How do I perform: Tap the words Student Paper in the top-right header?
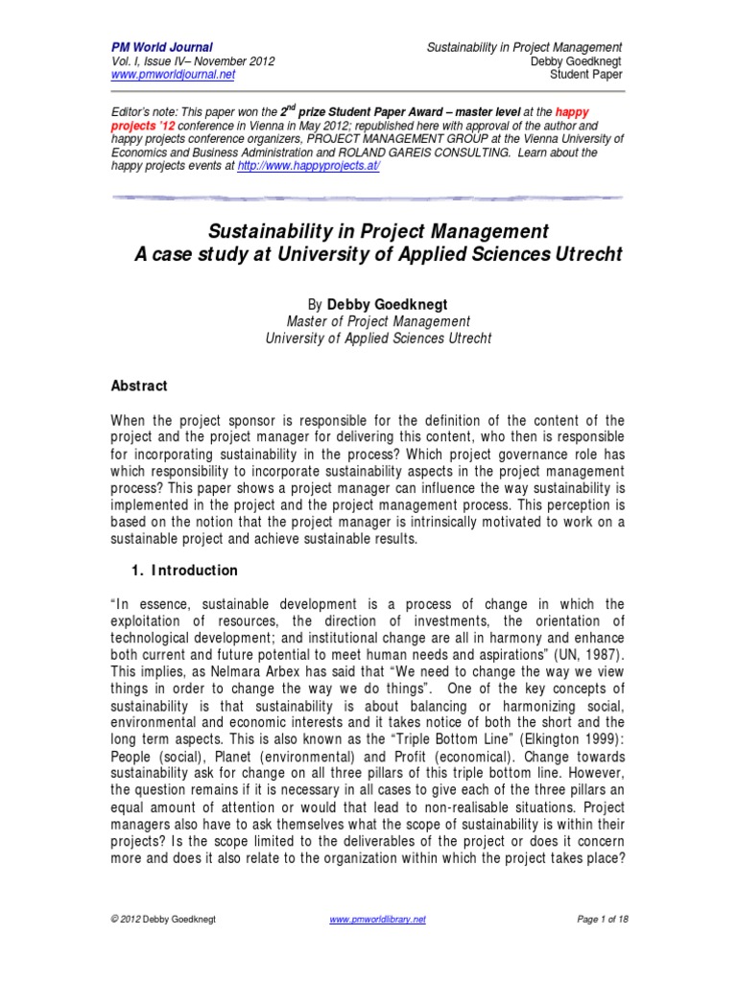585,74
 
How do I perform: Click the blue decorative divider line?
368,198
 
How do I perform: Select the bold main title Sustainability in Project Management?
368,232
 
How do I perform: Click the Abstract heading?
140,386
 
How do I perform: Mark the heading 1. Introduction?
183,571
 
